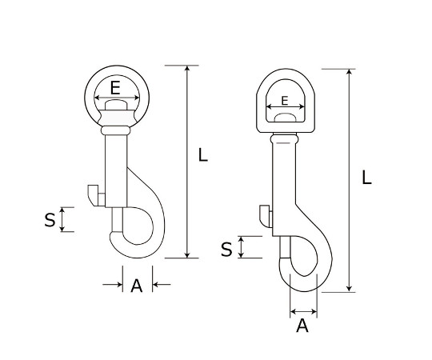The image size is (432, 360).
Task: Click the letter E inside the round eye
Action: click(115, 88)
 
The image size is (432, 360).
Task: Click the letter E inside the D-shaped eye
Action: click(285, 101)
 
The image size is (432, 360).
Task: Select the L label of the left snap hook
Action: click(202, 154)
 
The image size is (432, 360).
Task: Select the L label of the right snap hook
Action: click(366, 178)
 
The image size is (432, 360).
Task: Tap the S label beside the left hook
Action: click(50, 220)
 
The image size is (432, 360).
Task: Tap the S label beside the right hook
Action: click(226, 250)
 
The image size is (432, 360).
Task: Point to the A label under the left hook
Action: click(137, 286)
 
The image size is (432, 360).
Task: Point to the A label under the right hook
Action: click(302, 326)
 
